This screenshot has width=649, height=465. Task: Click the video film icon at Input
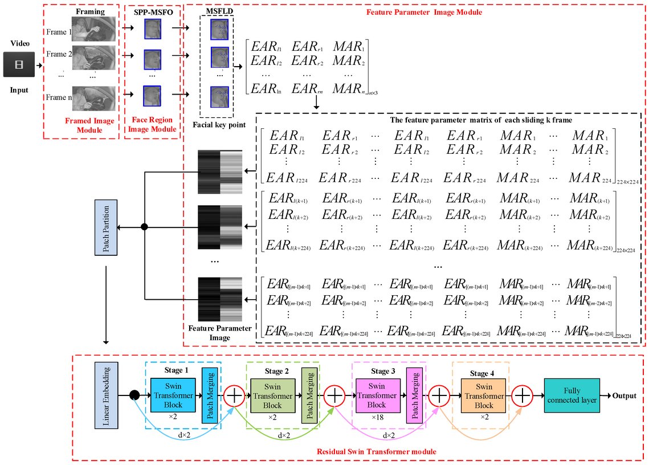point(19,64)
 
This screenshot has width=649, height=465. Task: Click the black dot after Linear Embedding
point(134,395)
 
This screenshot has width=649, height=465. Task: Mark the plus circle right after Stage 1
point(234,395)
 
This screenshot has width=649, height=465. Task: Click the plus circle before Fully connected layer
point(523,395)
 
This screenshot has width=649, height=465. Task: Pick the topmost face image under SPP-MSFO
point(152,28)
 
